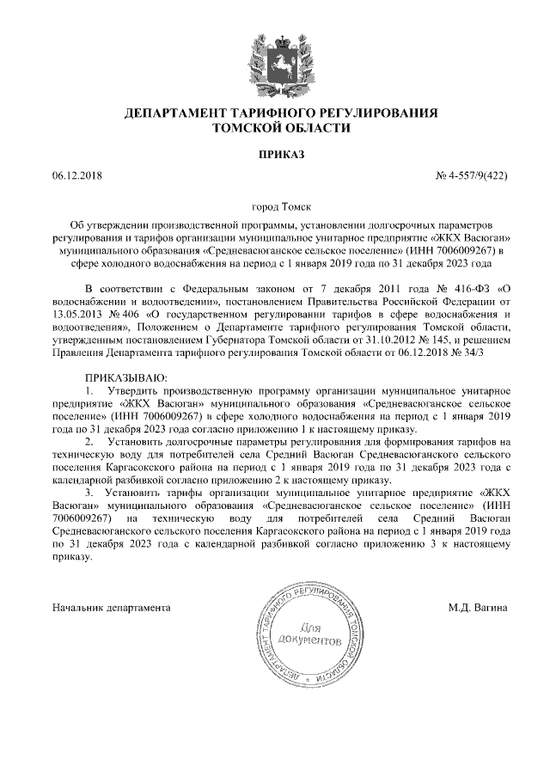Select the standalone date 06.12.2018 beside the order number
click(x=76, y=175)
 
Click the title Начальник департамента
click(x=111, y=608)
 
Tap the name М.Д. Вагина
click(x=478, y=608)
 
